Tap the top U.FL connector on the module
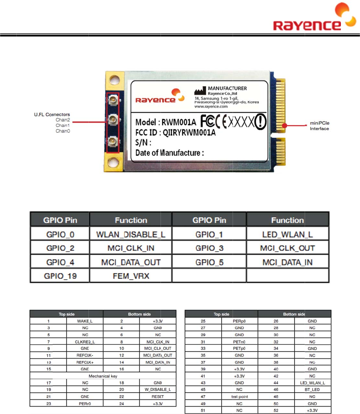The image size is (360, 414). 113,99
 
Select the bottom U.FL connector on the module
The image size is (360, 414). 113,141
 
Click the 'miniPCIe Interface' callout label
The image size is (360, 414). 319,126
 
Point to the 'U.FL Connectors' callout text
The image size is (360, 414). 52,114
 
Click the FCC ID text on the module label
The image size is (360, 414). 175,133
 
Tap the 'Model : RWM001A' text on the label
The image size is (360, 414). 166,122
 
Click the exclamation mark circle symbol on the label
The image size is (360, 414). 260,121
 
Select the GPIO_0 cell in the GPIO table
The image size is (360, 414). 60,234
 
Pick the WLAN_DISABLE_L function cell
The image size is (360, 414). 131,234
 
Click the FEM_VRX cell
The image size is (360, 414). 131,276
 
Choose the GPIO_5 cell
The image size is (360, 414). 209,262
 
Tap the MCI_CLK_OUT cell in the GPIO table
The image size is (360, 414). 287,248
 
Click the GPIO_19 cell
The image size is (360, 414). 60,276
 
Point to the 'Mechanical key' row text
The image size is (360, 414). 103,376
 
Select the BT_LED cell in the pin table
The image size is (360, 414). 312,390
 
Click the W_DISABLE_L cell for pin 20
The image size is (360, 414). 158,390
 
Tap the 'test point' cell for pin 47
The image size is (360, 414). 239,397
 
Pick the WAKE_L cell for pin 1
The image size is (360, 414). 85,321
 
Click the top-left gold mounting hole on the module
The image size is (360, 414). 114,80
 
